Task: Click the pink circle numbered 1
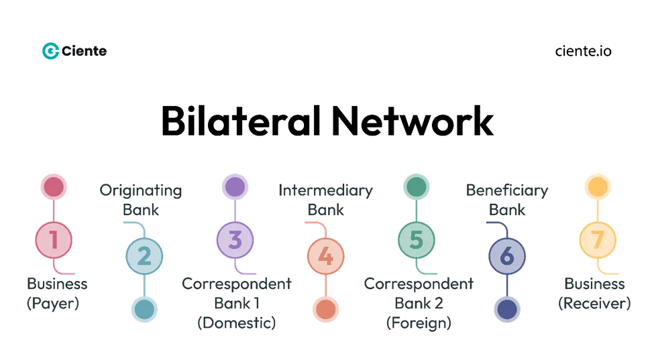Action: (x=54, y=239)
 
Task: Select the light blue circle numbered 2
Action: (x=144, y=256)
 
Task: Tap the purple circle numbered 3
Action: (x=235, y=239)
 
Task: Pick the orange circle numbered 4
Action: (x=325, y=256)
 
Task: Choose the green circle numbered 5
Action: (x=416, y=239)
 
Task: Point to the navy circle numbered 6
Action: (x=507, y=256)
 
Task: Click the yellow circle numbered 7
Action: (x=597, y=239)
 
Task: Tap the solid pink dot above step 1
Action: (x=54, y=186)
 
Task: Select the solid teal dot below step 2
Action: (x=144, y=309)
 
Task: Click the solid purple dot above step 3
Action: (x=235, y=186)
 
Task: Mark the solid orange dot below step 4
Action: (x=325, y=309)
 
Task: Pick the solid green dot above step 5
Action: (x=416, y=186)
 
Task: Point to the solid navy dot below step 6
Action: (x=507, y=309)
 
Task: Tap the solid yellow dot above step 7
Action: (x=597, y=186)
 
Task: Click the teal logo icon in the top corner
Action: (x=50, y=50)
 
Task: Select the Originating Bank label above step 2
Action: (x=140, y=200)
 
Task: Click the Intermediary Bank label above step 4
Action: (x=327, y=200)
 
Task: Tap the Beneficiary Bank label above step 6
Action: (x=508, y=200)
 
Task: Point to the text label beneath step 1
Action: (x=58, y=293)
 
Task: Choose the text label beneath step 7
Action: (x=596, y=293)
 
